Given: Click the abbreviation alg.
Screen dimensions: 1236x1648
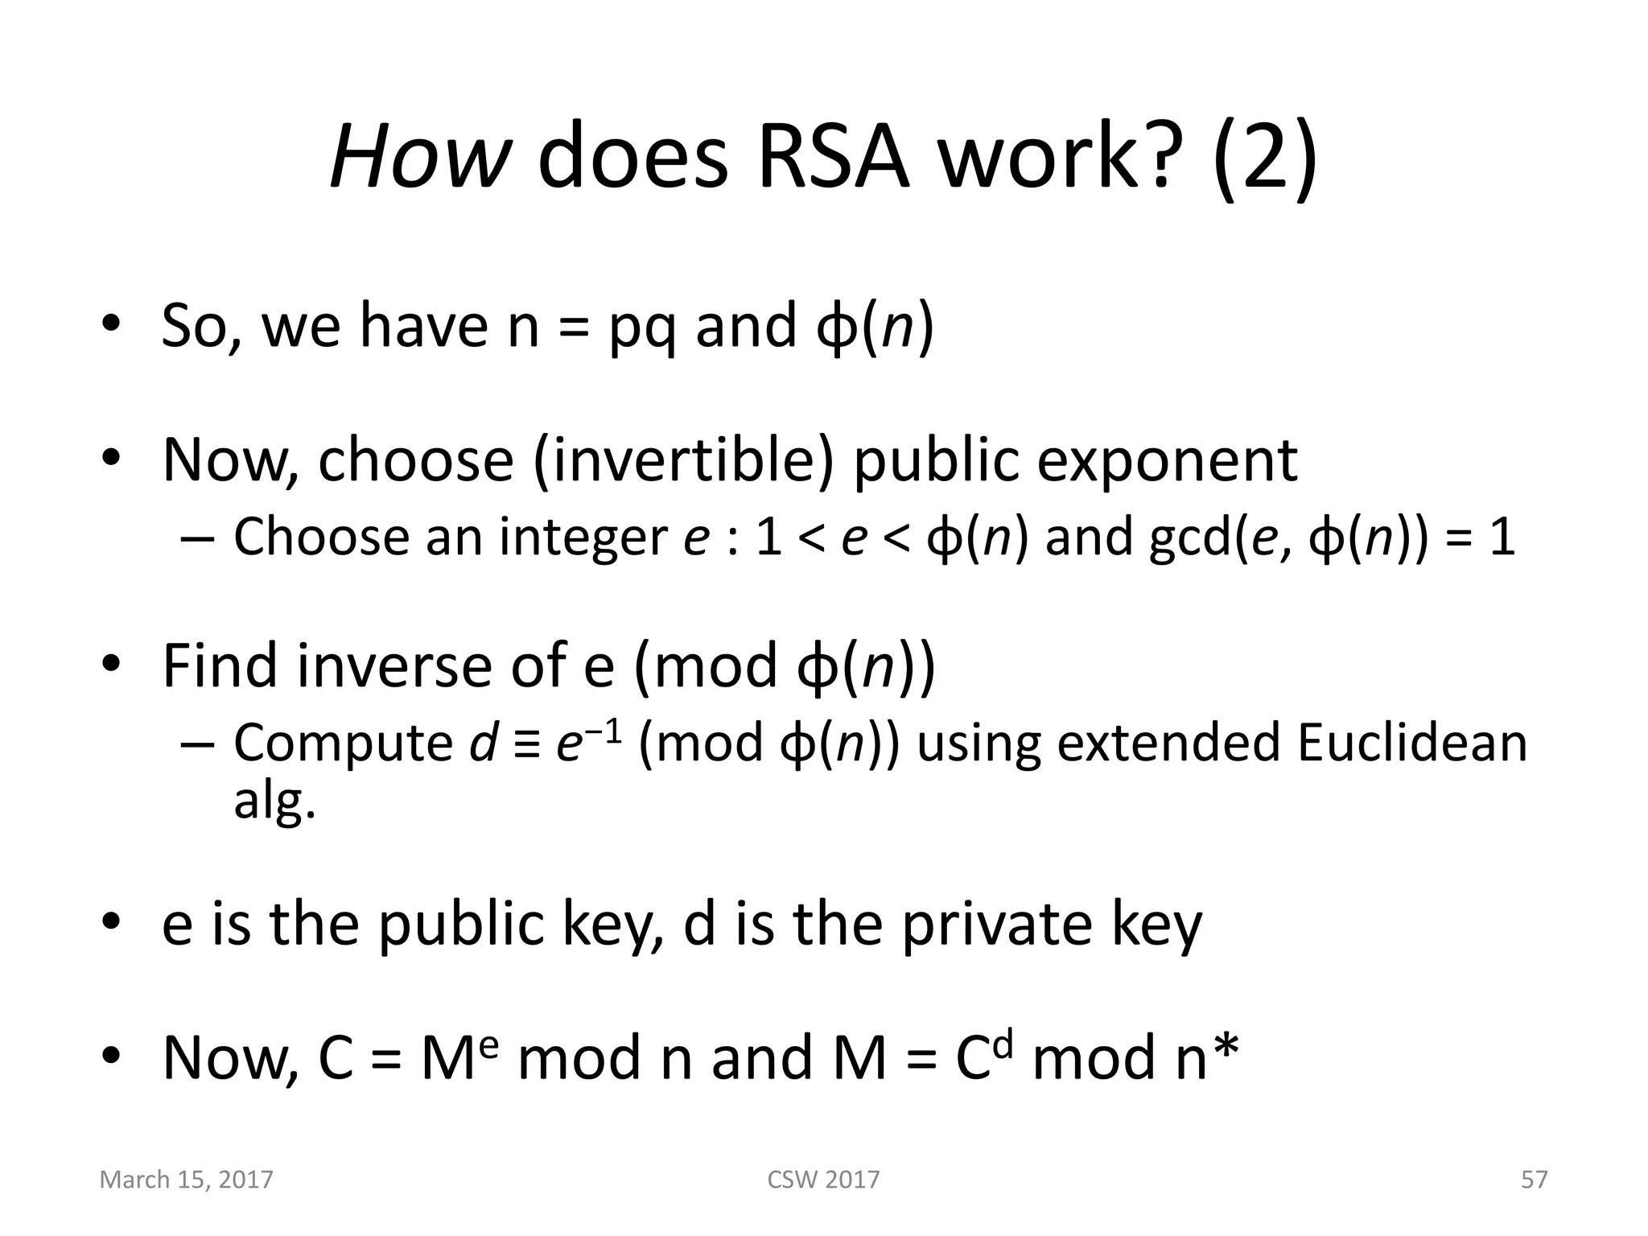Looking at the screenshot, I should pos(274,801).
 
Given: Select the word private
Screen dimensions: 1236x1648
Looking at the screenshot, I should pos(996,924).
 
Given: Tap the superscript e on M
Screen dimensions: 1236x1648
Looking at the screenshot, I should pos(492,1041).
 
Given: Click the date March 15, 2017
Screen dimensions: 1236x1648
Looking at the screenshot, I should pos(186,1180).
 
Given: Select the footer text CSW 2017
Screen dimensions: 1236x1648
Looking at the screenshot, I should pos(823,1180).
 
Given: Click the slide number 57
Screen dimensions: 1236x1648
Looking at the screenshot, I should pos(1534,1180).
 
